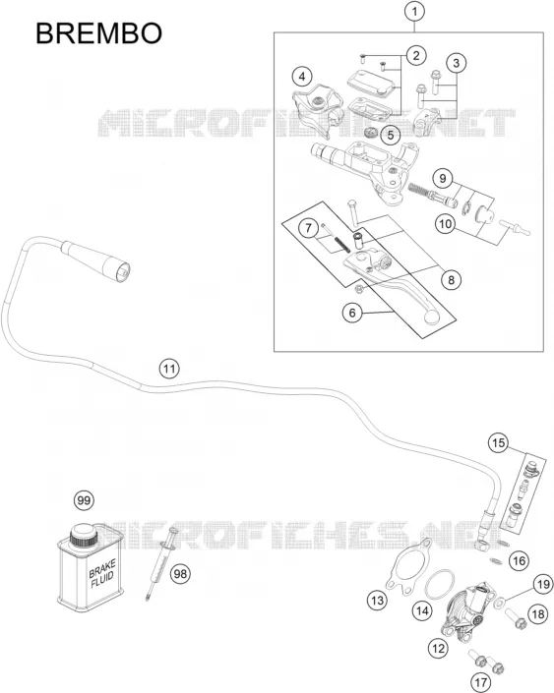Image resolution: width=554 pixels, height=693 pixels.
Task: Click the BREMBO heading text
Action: click(98, 33)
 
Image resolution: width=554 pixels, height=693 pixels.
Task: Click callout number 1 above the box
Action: click(414, 12)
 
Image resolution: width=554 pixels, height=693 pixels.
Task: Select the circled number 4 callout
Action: click(302, 77)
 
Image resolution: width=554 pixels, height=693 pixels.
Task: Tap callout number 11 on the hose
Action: click(169, 369)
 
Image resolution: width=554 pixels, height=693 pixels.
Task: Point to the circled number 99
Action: click(84, 500)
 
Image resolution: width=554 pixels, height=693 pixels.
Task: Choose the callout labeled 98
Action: click(180, 574)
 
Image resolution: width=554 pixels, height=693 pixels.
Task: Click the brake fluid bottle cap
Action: click(84, 536)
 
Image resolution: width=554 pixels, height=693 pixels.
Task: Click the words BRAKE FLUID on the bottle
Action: click(101, 574)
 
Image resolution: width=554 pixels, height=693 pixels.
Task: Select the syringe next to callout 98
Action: click(161, 562)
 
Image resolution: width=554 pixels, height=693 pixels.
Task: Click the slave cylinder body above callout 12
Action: click(466, 607)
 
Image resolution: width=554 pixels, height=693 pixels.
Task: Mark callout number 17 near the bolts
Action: click(480, 682)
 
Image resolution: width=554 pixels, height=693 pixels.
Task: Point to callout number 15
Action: click(498, 443)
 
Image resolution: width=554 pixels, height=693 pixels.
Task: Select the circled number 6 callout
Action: click(352, 313)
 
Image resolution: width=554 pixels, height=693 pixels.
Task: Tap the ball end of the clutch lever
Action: click(431, 316)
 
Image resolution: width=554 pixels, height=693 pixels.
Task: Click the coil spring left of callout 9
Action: click(418, 190)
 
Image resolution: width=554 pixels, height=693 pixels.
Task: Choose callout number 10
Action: click(445, 224)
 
